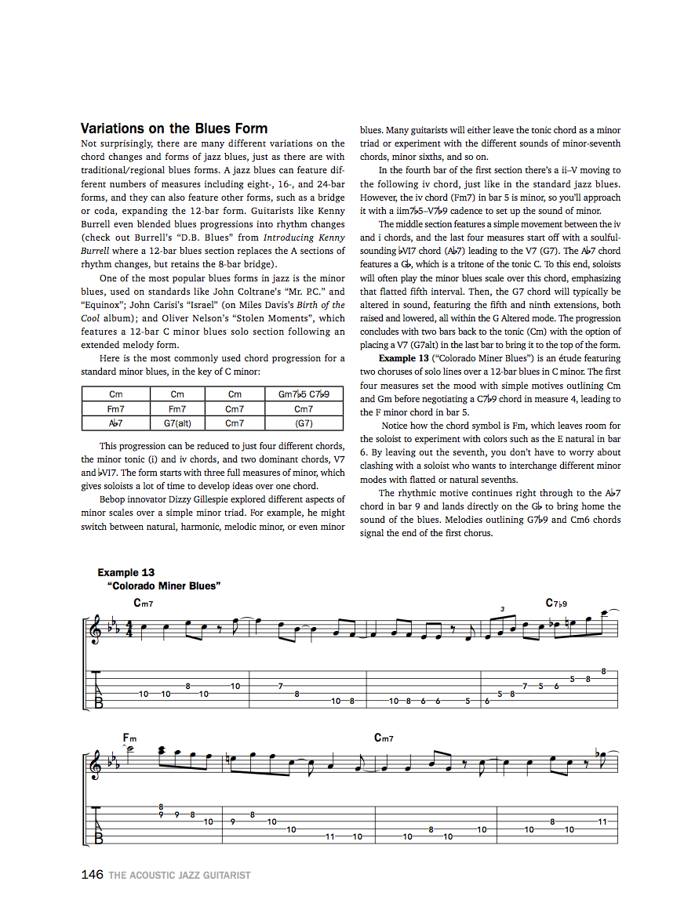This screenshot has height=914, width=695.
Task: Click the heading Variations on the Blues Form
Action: (x=174, y=129)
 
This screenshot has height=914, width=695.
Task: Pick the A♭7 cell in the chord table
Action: (x=116, y=423)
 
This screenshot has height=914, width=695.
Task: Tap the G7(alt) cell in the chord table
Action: (x=177, y=423)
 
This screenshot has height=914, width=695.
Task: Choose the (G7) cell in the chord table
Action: (x=304, y=423)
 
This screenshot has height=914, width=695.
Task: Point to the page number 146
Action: (x=92, y=874)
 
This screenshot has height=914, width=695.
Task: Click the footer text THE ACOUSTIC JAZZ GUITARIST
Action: (x=180, y=875)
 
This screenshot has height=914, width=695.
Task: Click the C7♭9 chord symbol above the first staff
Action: (x=556, y=604)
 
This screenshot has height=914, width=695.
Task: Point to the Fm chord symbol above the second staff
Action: (x=129, y=738)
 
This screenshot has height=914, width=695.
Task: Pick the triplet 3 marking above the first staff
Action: (x=502, y=609)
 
